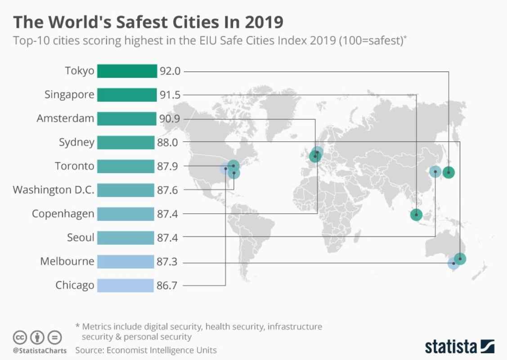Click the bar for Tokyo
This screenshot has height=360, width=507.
(126, 71)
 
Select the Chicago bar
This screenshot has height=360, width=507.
(126, 285)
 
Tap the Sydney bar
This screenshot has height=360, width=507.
(126, 143)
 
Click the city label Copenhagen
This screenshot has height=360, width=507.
(63, 214)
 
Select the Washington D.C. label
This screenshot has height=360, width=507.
(54, 190)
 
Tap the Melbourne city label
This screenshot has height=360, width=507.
(67, 261)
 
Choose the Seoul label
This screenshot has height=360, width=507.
(81, 238)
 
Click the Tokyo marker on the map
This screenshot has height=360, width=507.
(449, 172)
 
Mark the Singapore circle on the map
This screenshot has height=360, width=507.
(417, 215)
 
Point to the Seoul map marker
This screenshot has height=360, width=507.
(435, 171)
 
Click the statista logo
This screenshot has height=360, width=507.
(459, 346)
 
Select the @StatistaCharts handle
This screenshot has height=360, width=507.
(40, 350)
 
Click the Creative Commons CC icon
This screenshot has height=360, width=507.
(20, 337)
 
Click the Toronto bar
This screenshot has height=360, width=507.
(126, 166)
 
